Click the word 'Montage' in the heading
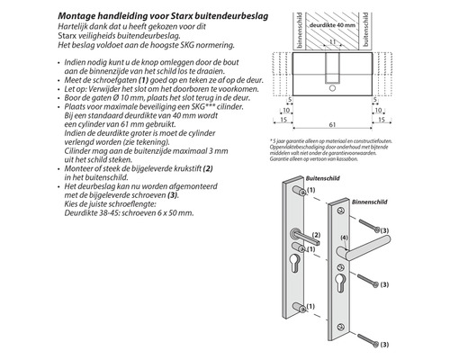point(79,16)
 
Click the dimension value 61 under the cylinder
point(334,125)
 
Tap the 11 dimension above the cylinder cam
point(334,41)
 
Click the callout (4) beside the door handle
point(343,238)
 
